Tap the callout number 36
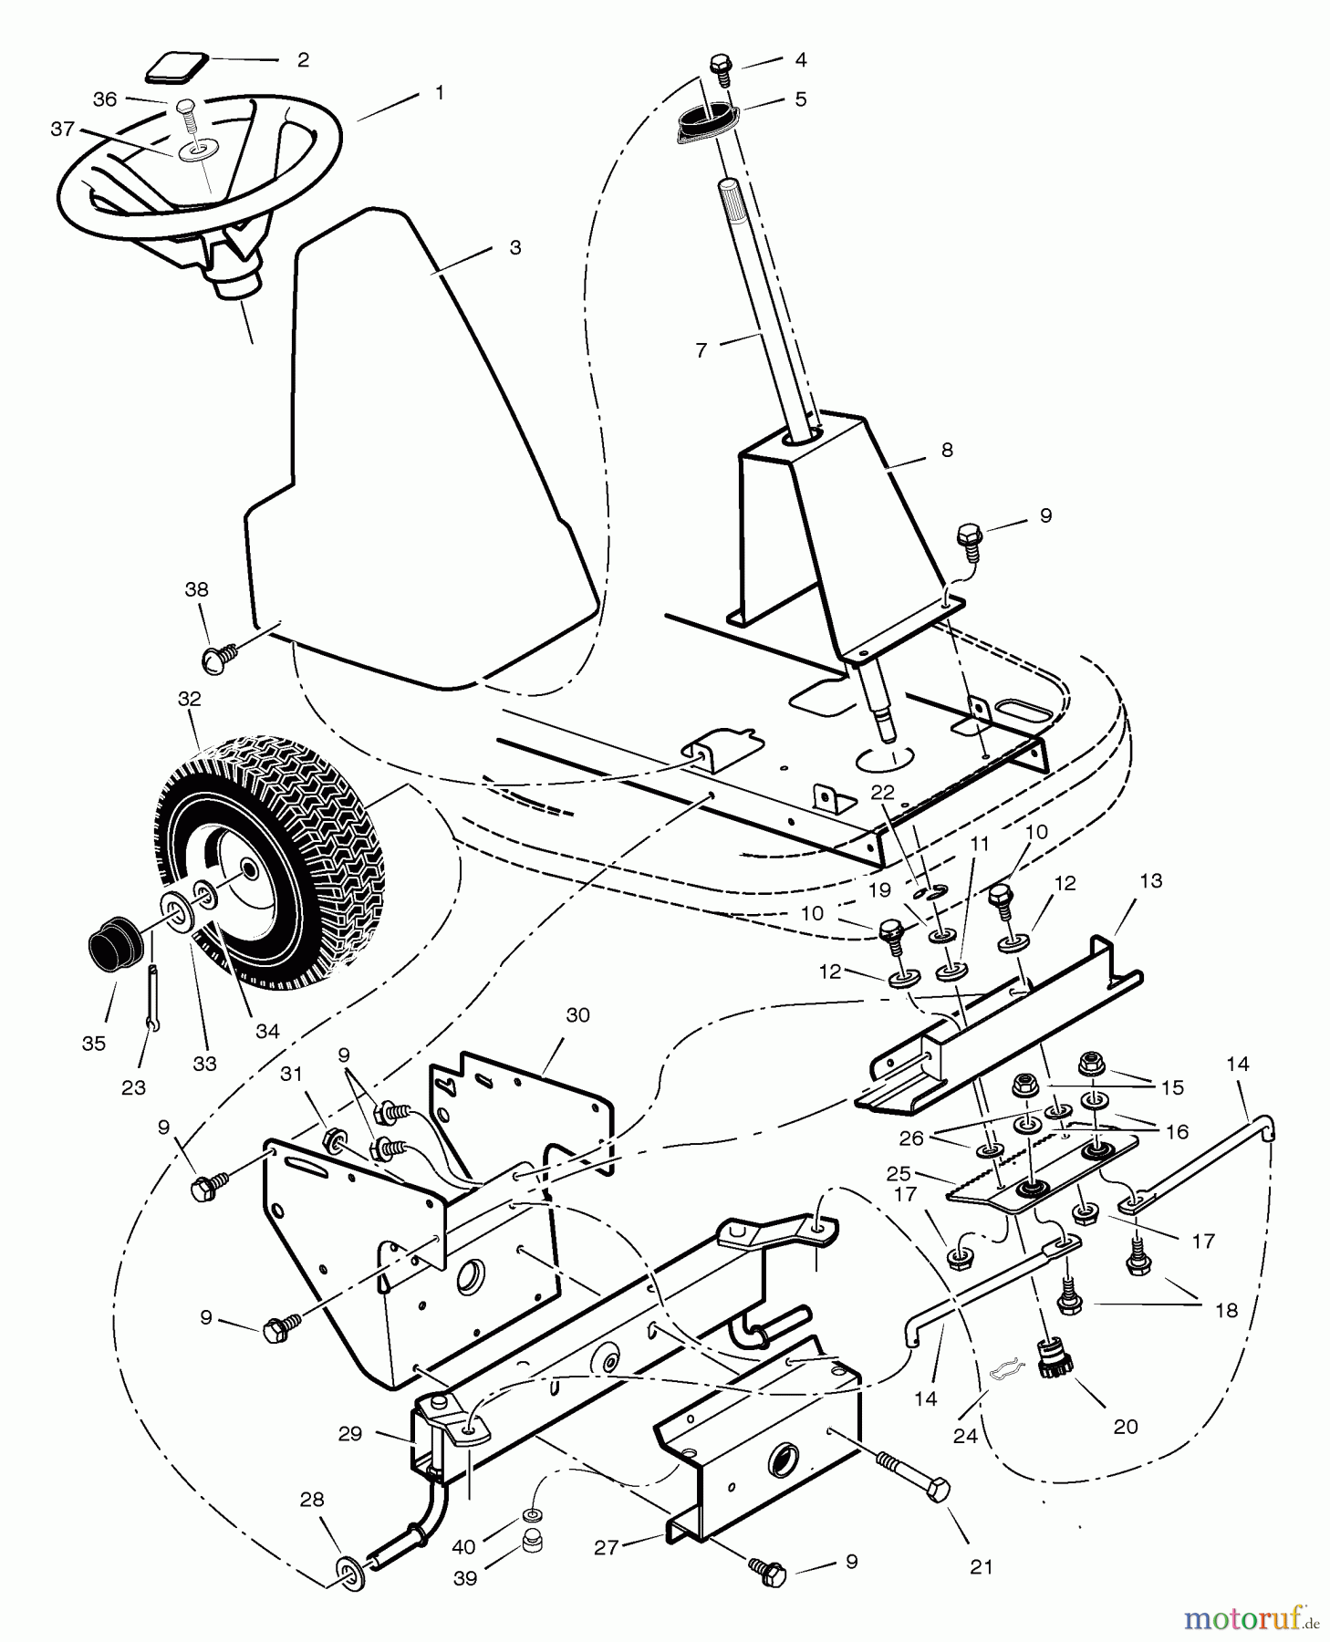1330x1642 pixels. pos(105,99)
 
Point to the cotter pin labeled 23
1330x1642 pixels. pos(153,999)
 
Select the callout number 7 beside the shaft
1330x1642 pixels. pos(701,350)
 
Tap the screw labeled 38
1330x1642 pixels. pos(219,652)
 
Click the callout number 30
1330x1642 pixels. pos(577,1014)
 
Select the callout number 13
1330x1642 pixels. pos(1151,880)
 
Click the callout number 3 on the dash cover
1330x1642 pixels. pos(515,248)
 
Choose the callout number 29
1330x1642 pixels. pos(350,1434)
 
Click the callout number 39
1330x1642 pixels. pos(465,1578)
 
